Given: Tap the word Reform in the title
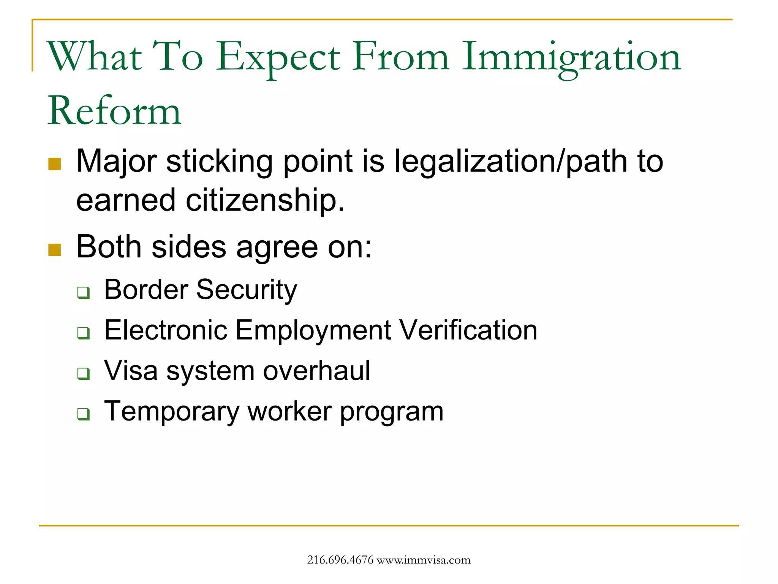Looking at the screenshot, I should [114, 111].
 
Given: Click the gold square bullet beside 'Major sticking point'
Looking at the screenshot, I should [55, 164].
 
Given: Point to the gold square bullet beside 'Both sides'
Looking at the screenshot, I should [55, 250].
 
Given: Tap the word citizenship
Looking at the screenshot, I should [265, 200].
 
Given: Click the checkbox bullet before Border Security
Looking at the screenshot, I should [84, 292].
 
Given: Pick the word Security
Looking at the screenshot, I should [247, 290].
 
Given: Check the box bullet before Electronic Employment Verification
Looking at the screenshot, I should [84, 333].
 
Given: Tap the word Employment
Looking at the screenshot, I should [313, 330].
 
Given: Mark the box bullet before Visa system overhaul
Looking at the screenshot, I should [84, 373].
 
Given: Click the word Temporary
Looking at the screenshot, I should [172, 412].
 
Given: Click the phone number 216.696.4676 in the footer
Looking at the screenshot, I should [340, 560].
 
